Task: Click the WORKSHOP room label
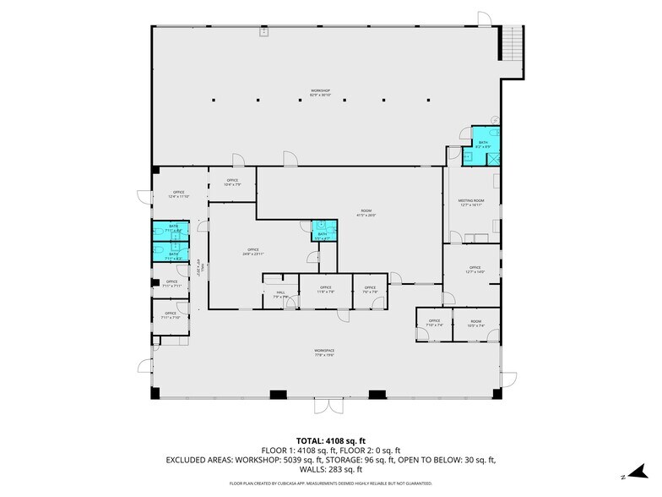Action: [x=319, y=92]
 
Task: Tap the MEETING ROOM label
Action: [x=471, y=202]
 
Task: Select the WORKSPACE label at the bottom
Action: [x=324, y=352]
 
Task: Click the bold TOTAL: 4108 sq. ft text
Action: [x=324, y=440]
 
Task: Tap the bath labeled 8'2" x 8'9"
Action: [x=484, y=145]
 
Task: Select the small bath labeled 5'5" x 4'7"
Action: [x=322, y=236]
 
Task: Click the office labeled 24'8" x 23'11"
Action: [x=253, y=251]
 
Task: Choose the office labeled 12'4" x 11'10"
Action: [x=179, y=194]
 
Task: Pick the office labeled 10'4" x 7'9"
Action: [x=232, y=182]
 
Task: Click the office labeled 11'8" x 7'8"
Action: [x=326, y=290]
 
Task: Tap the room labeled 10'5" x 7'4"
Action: [x=475, y=323]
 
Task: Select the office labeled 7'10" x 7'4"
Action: [x=434, y=323]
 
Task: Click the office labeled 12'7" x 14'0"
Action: [x=475, y=270]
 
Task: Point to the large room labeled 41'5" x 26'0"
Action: [x=366, y=213]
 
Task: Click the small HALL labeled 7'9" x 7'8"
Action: [x=280, y=294]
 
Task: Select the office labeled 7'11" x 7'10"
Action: [x=171, y=316]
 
